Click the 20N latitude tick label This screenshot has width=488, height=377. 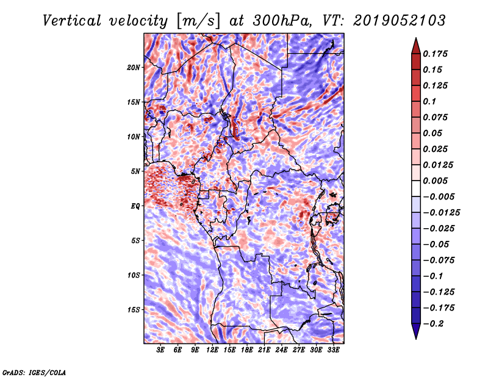pyautogui.click(x=134, y=67)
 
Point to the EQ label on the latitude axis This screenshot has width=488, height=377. pyautogui.click(x=135, y=206)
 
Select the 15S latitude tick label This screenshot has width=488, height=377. pyautogui.click(x=134, y=310)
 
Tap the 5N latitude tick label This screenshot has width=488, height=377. pyautogui.click(x=135, y=171)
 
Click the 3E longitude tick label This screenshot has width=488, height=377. pyautogui.click(x=160, y=350)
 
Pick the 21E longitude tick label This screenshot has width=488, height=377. pyautogui.click(x=264, y=350)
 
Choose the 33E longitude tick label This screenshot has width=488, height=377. pyautogui.click(x=333, y=350)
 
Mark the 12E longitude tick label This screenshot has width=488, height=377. pyautogui.click(x=212, y=350)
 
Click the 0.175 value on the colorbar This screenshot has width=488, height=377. pyautogui.click(x=435, y=54)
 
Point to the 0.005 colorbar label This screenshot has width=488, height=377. pyautogui.click(x=435, y=181)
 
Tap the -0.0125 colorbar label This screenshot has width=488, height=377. pyautogui.click(x=441, y=213)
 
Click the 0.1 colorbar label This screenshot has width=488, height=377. pyautogui.click(x=429, y=101)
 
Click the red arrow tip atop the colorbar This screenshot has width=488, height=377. pyautogui.click(x=416, y=38)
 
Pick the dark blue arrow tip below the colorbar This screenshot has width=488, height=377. pyautogui.click(x=416, y=339)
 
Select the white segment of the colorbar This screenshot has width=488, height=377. pyautogui.click(x=416, y=188)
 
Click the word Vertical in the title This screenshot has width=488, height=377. pyautogui.click(x=72, y=21)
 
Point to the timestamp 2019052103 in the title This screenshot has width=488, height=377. pyautogui.click(x=400, y=21)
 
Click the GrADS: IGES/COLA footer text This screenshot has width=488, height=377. pyautogui.click(x=34, y=372)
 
